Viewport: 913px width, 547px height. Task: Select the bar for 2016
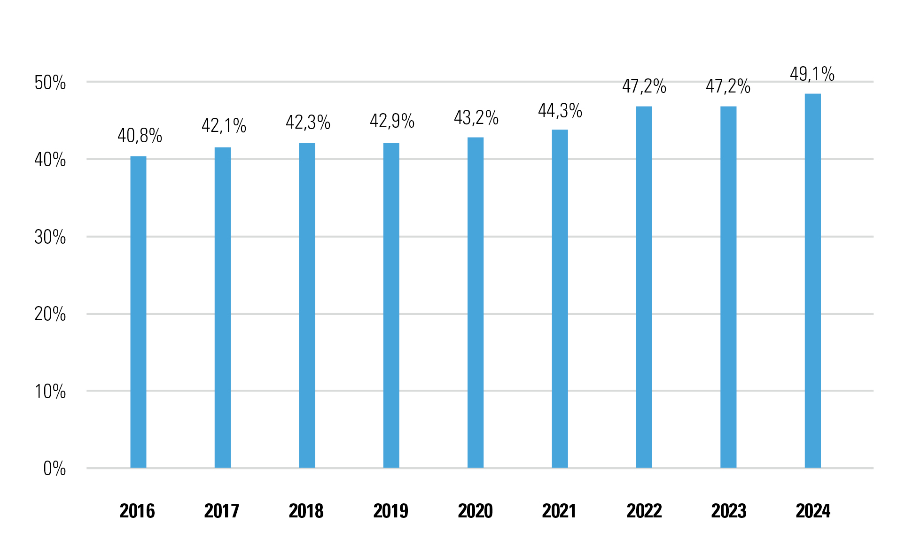(x=138, y=312)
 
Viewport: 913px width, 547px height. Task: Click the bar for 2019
(x=391, y=305)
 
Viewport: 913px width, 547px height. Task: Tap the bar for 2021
(x=560, y=299)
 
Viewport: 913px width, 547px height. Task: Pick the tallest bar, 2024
(x=812, y=281)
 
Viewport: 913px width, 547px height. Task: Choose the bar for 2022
(x=644, y=287)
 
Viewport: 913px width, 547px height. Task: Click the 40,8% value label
(x=140, y=136)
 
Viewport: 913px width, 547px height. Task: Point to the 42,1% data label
(x=224, y=126)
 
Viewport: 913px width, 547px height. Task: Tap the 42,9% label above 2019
(x=392, y=121)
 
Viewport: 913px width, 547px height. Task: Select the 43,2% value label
(x=476, y=118)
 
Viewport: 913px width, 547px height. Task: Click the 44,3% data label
(x=560, y=111)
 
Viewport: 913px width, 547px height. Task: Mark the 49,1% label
(x=812, y=74)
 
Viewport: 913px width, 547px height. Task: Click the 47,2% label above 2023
(x=728, y=86)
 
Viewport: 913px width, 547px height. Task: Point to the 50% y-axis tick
(x=50, y=83)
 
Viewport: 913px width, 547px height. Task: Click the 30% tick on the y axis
(x=50, y=237)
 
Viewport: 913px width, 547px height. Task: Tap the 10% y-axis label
(x=50, y=392)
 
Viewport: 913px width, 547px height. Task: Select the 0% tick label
(x=55, y=469)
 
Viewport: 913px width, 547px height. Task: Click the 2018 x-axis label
(x=306, y=511)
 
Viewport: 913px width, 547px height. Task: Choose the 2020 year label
(x=475, y=511)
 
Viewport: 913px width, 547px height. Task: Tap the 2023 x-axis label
(x=728, y=511)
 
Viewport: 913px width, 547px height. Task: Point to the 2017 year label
(x=221, y=511)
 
